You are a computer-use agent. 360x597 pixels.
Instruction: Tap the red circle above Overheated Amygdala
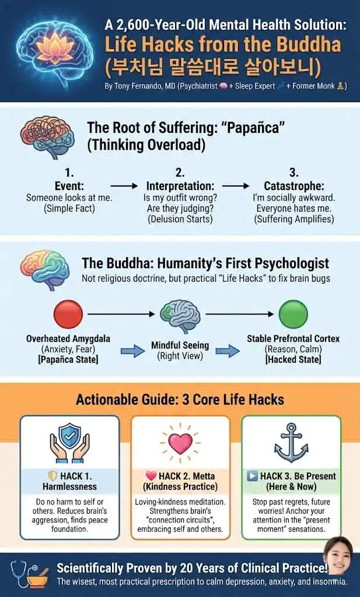(68, 314)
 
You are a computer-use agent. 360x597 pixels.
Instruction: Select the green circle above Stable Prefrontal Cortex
(293, 314)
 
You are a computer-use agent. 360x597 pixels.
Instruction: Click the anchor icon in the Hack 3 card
(291, 442)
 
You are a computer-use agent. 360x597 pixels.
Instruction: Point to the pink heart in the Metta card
(180, 443)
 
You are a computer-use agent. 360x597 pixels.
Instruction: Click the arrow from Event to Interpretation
(124, 186)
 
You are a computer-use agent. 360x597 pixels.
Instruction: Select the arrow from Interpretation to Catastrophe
(236, 186)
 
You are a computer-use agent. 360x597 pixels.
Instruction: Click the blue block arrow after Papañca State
(132, 350)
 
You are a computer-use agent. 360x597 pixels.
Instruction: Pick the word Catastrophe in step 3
(294, 186)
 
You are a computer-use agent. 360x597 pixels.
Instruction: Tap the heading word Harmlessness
(69, 486)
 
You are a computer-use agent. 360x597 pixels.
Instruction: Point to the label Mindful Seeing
(180, 345)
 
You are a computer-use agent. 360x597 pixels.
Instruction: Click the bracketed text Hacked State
(293, 359)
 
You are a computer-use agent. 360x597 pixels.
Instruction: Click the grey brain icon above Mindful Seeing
(180, 315)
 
